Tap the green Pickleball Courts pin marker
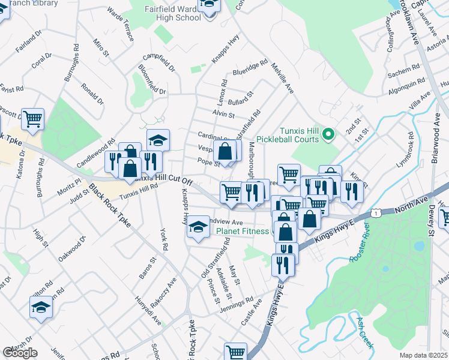(x=328, y=134)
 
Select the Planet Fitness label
(x=243, y=230)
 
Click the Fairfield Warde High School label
(x=174, y=13)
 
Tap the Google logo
(x=20, y=353)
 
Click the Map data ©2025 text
(x=424, y=355)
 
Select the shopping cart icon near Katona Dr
(x=32, y=118)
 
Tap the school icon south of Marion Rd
(x=41, y=307)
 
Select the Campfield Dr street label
(x=158, y=64)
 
